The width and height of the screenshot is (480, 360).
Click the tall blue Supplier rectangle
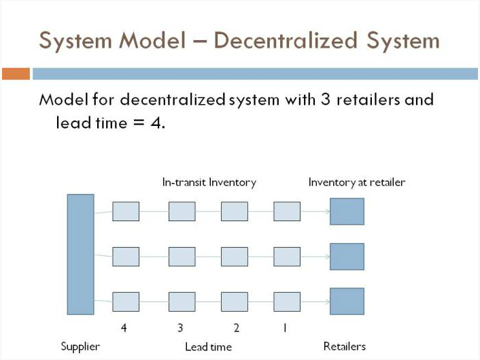tap(80, 255)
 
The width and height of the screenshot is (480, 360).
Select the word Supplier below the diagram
tap(80, 347)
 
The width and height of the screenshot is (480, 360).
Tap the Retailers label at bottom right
tap(345, 346)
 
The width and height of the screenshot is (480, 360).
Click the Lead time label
tap(209, 347)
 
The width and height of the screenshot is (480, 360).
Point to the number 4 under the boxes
tap(124, 328)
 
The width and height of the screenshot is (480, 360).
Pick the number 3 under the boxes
tap(180, 328)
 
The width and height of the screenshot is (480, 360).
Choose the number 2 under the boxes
tap(237, 328)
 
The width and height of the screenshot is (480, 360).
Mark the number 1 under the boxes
tap(285, 328)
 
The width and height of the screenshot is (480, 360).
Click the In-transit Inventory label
tap(209, 182)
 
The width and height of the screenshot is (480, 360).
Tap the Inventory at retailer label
tap(357, 182)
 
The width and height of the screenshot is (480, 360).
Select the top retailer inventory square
tap(347, 212)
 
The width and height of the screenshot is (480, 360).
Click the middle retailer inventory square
tap(347, 257)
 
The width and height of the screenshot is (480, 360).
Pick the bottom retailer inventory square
tap(347, 301)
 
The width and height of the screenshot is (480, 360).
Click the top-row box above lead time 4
tap(126, 212)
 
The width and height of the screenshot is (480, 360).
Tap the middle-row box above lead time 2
tap(235, 257)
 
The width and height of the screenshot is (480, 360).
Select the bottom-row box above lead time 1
tap(287, 301)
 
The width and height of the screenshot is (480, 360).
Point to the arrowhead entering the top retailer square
tap(328, 212)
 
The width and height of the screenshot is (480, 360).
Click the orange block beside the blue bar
tap(16, 74)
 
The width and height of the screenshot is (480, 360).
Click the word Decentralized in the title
tap(286, 40)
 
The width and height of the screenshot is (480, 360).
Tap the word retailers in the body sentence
tap(368, 99)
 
